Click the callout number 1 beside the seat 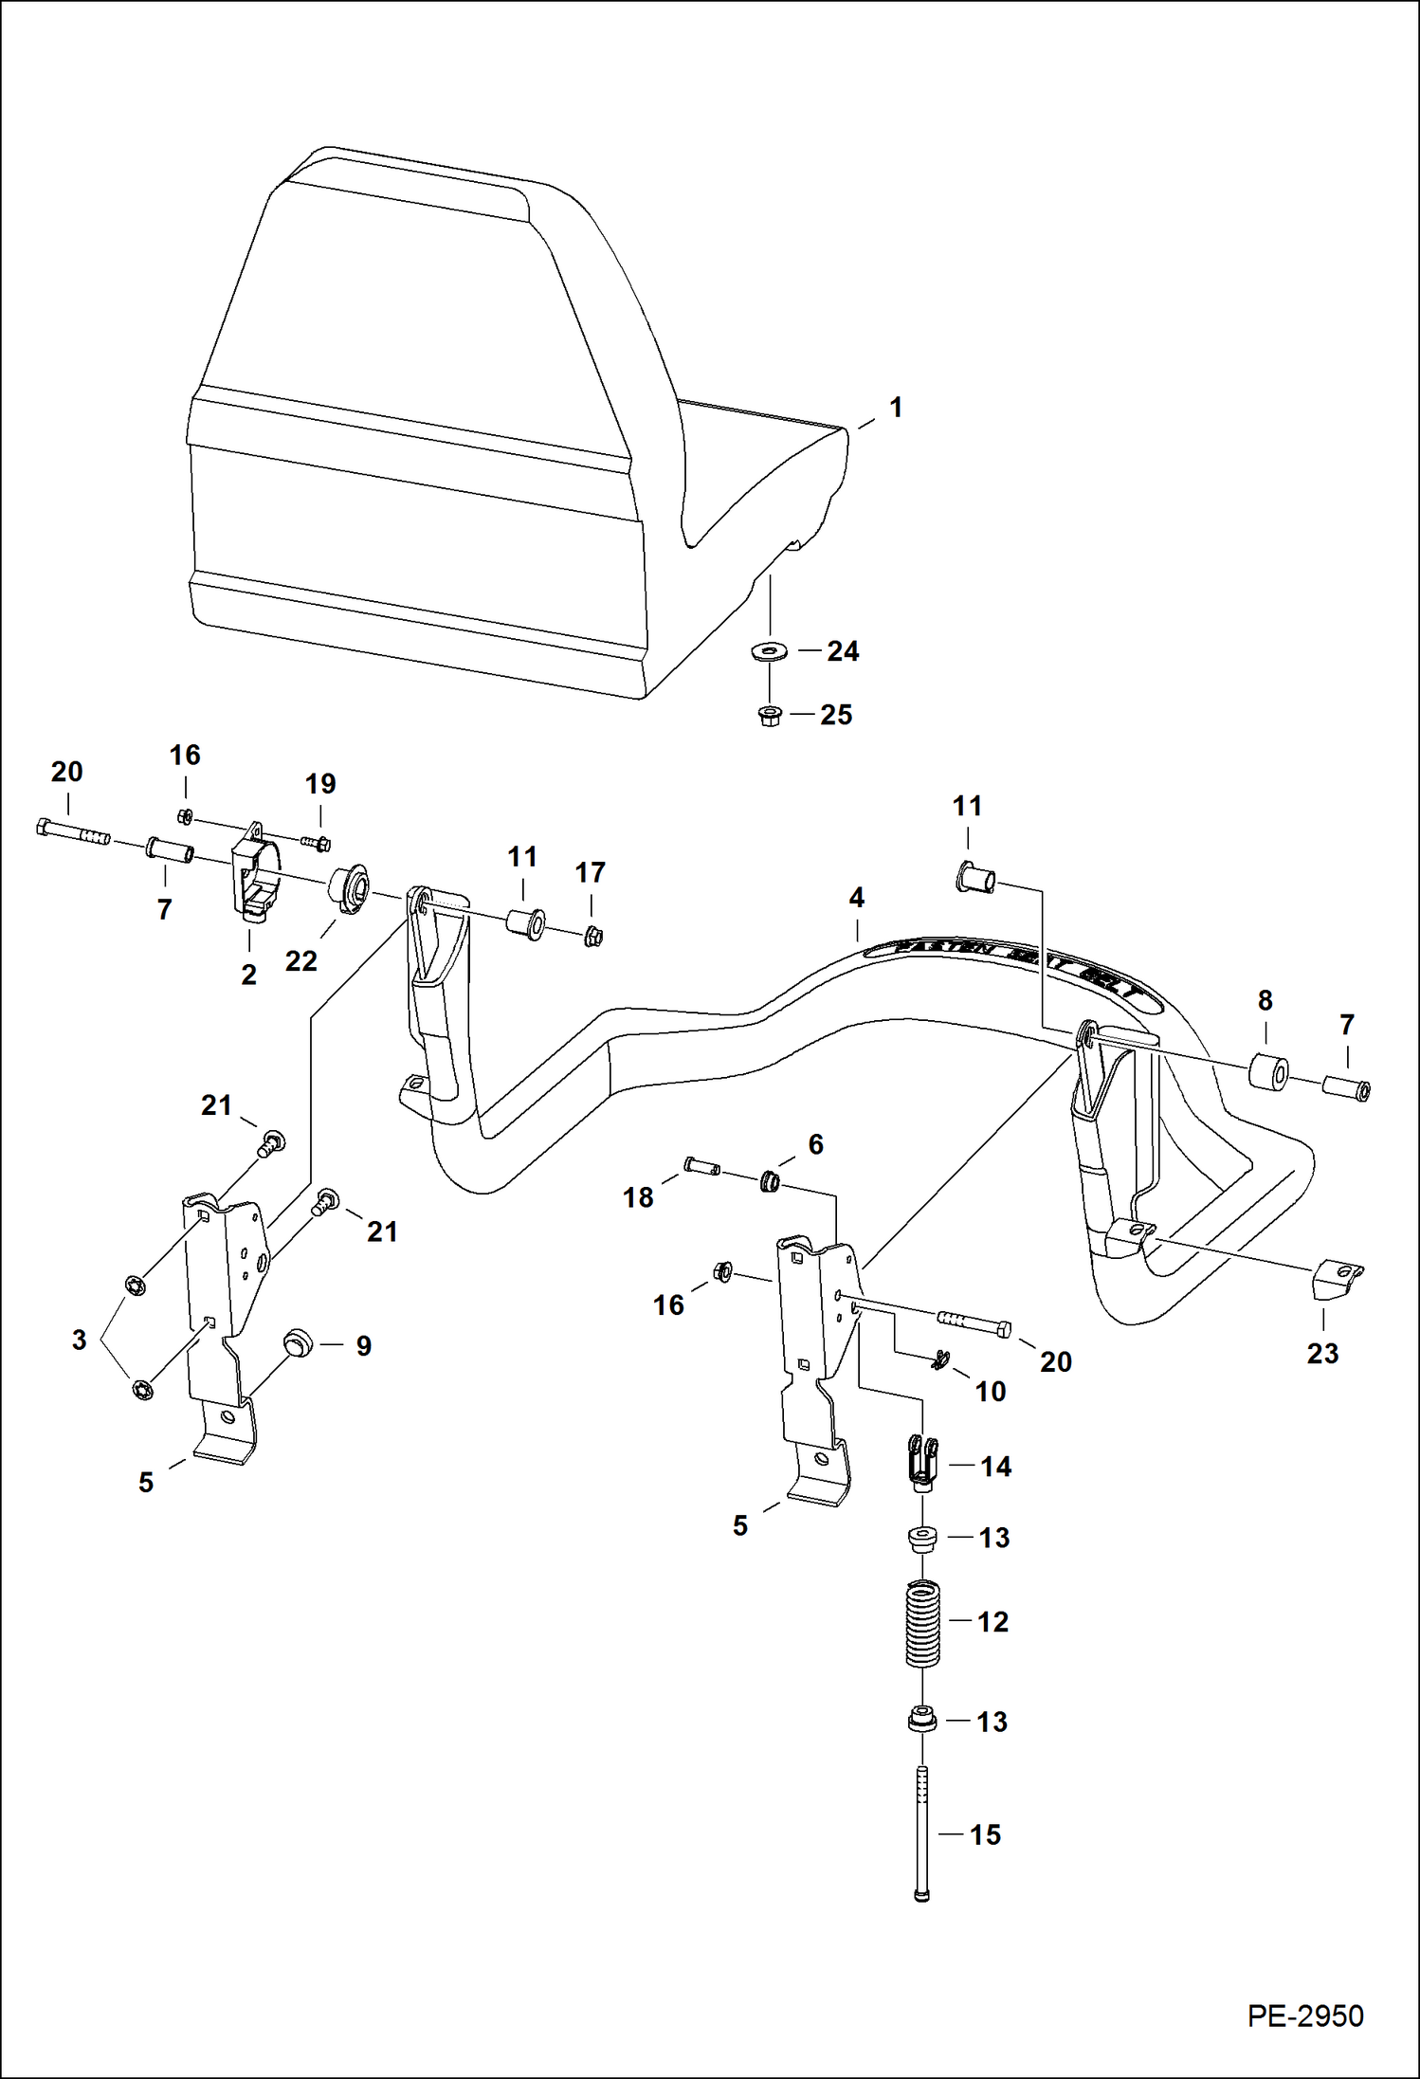pos(895,409)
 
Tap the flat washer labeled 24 pos(769,651)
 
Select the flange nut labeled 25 pos(770,716)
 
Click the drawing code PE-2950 pos(1304,2015)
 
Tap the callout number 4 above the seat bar pos(856,898)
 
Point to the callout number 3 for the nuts pos(80,1340)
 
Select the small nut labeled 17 pos(593,938)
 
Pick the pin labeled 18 pos(700,1165)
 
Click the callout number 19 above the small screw pos(320,785)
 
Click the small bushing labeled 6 pos(770,1182)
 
